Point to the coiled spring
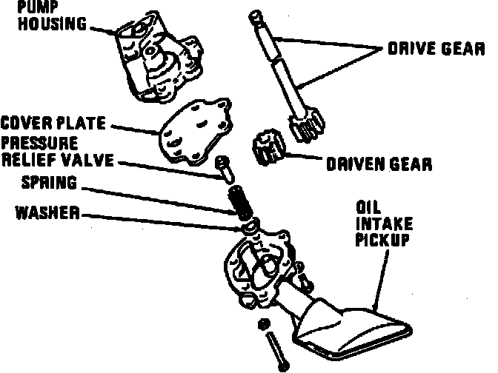point(239,199)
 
